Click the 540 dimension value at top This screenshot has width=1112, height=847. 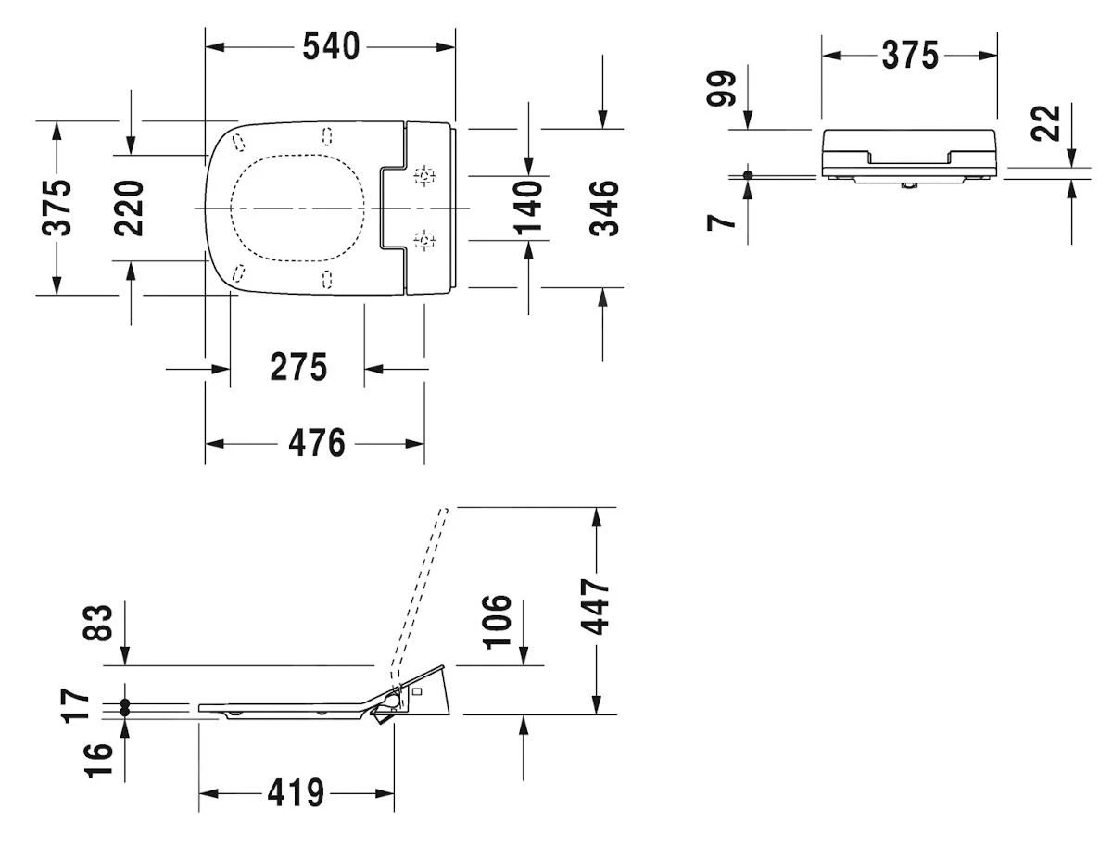[x=331, y=46]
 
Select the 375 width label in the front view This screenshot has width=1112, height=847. [x=909, y=56]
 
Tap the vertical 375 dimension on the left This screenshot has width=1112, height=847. [x=58, y=208]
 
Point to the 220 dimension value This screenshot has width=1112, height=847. [x=131, y=208]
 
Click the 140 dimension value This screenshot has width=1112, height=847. [x=528, y=208]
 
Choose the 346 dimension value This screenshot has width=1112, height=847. [x=603, y=208]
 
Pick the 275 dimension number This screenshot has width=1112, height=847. [x=298, y=368]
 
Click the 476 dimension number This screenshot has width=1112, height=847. [x=316, y=443]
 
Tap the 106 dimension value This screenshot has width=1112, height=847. [x=497, y=622]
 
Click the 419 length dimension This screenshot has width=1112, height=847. [x=296, y=793]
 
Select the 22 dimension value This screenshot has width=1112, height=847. [x=1045, y=122]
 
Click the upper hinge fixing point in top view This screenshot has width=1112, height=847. [x=424, y=175]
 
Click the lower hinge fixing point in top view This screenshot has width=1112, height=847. [x=424, y=241]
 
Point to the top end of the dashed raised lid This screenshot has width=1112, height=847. [x=444, y=509]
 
